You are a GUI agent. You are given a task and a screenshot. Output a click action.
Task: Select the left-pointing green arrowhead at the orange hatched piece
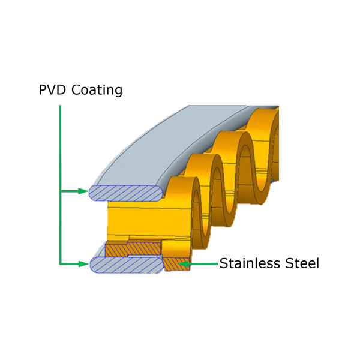[x=184, y=263]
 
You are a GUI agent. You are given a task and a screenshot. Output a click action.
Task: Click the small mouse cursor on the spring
[x=273, y=182]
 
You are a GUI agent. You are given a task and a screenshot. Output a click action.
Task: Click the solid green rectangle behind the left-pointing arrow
[x=204, y=264]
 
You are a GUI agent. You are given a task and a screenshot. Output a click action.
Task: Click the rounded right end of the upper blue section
[x=160, y=193]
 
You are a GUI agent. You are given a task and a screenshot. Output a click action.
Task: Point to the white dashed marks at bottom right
[x=288, y=271]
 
